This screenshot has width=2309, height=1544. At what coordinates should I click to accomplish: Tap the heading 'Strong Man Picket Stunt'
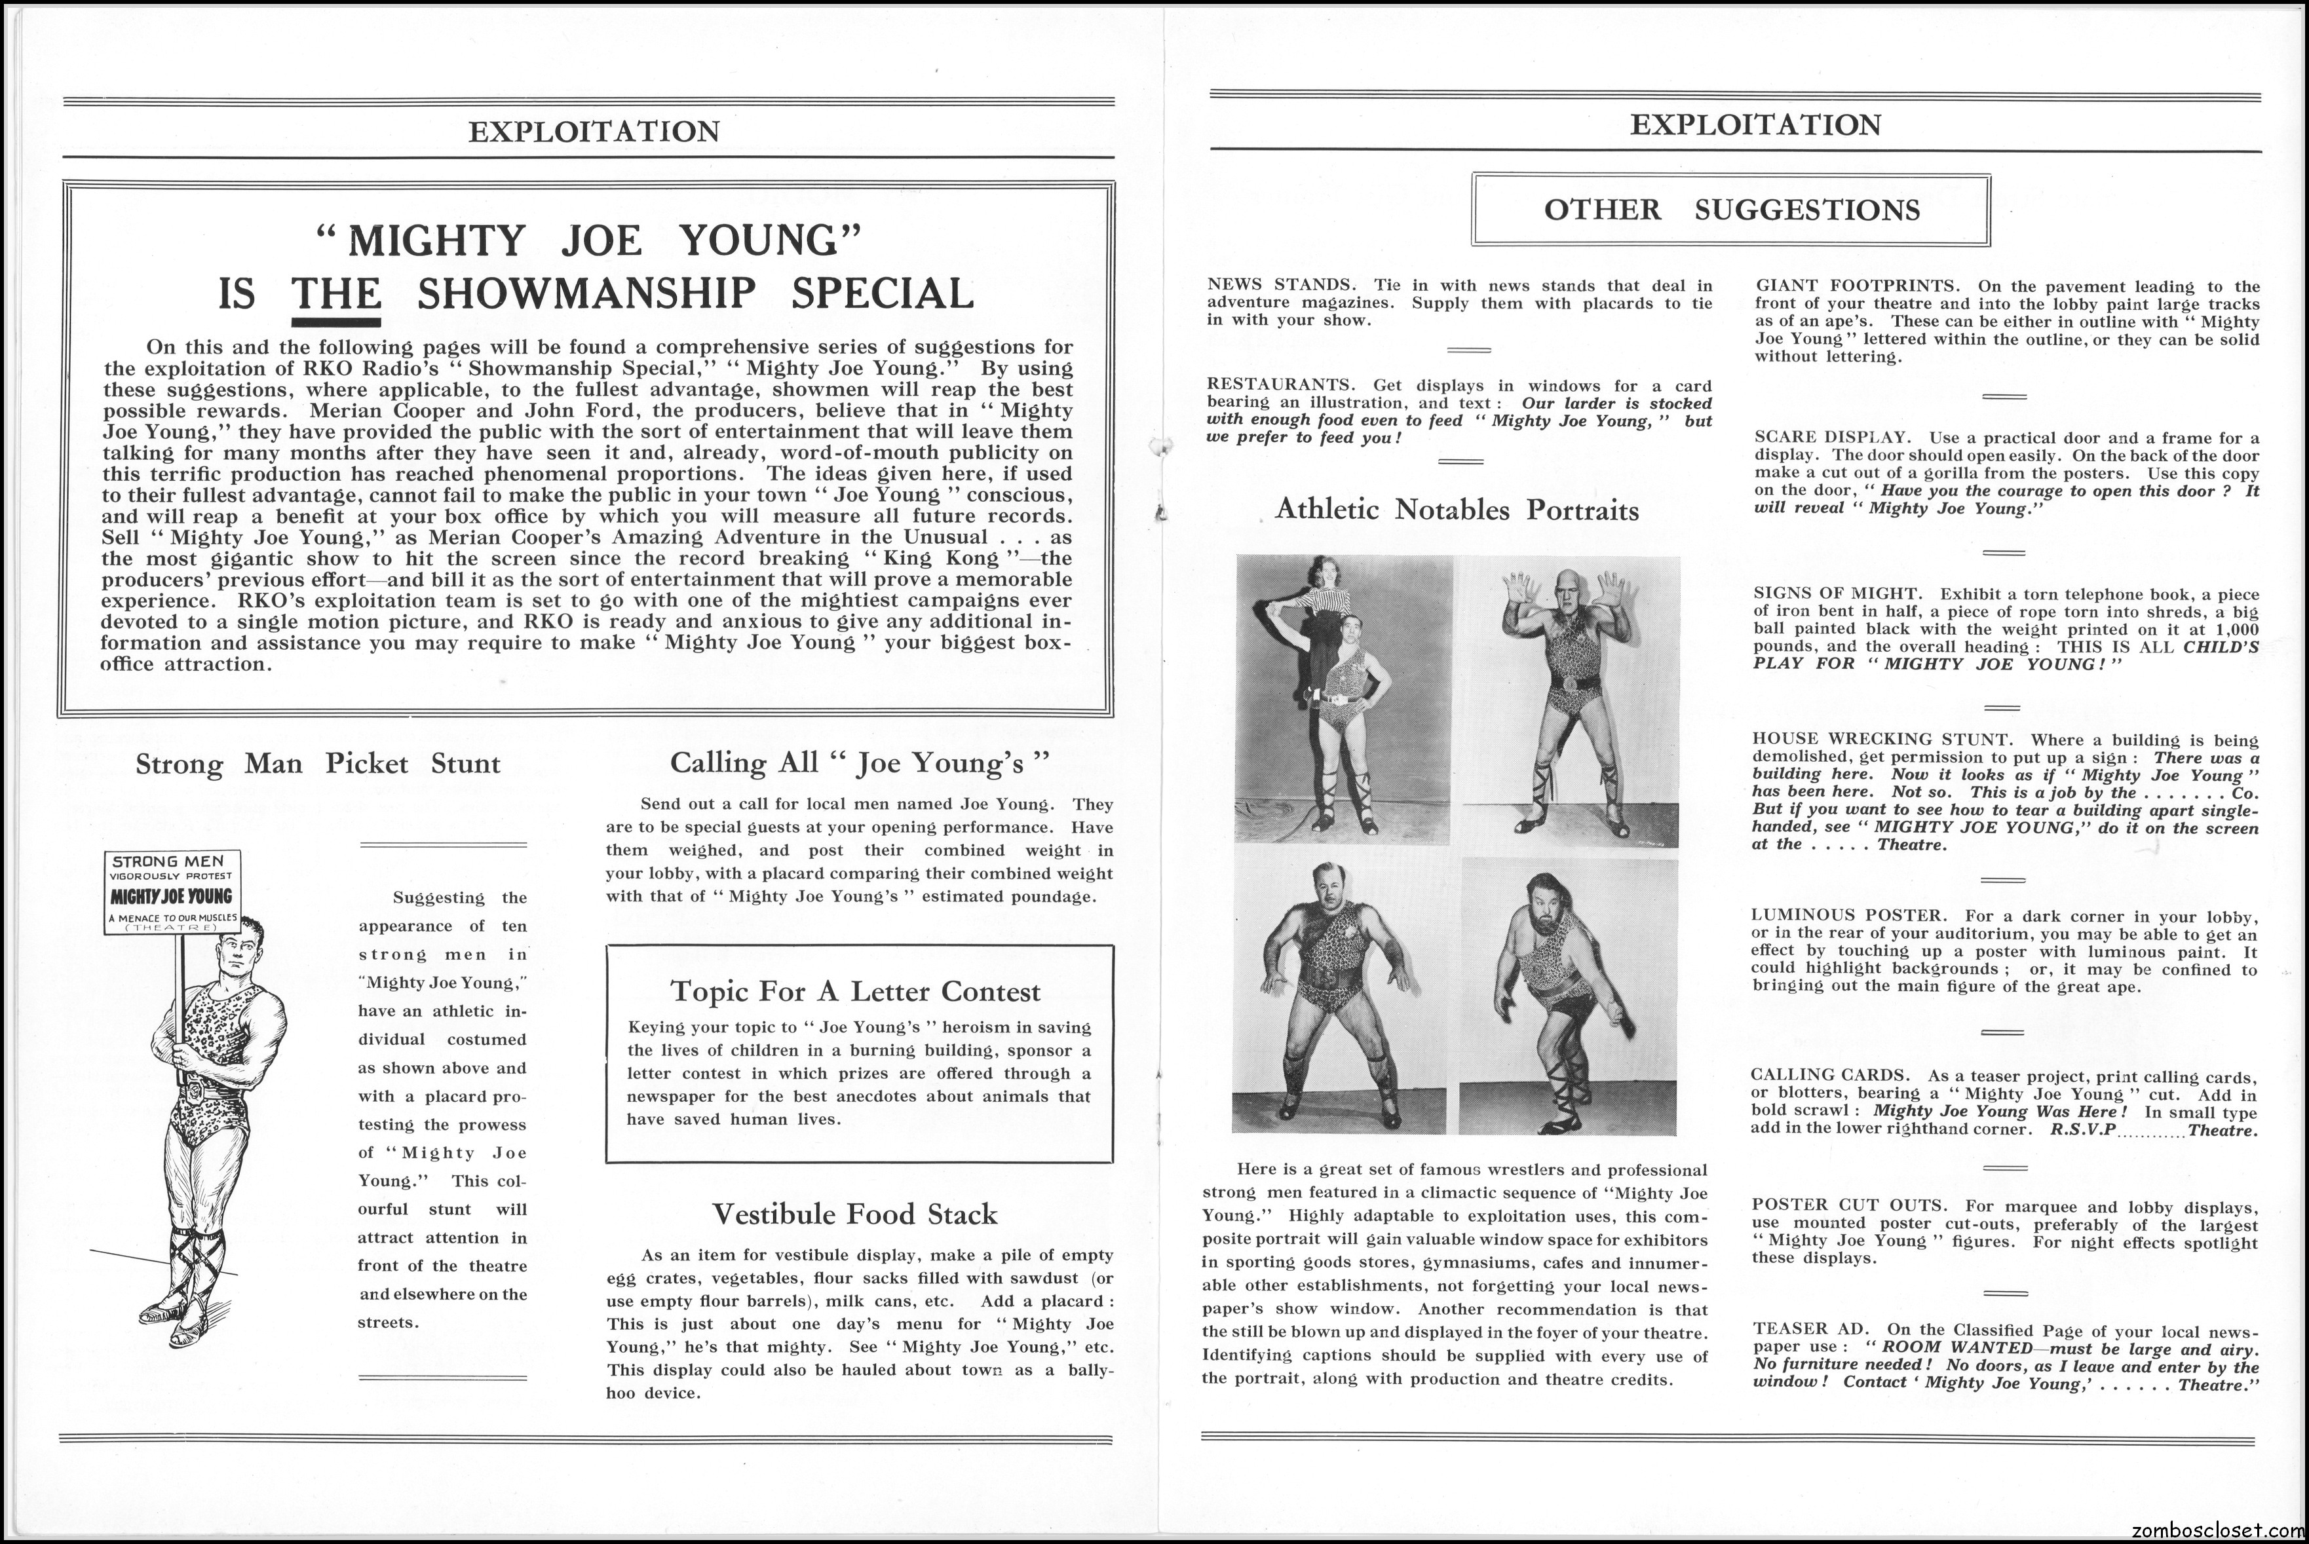pos(318,764)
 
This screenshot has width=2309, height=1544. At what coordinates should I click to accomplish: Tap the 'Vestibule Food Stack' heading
pos(854,1214)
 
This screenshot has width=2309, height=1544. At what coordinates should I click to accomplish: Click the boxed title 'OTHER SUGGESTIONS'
pos(1731,210)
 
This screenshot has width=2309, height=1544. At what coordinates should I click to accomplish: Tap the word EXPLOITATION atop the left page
pos(594,132)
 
